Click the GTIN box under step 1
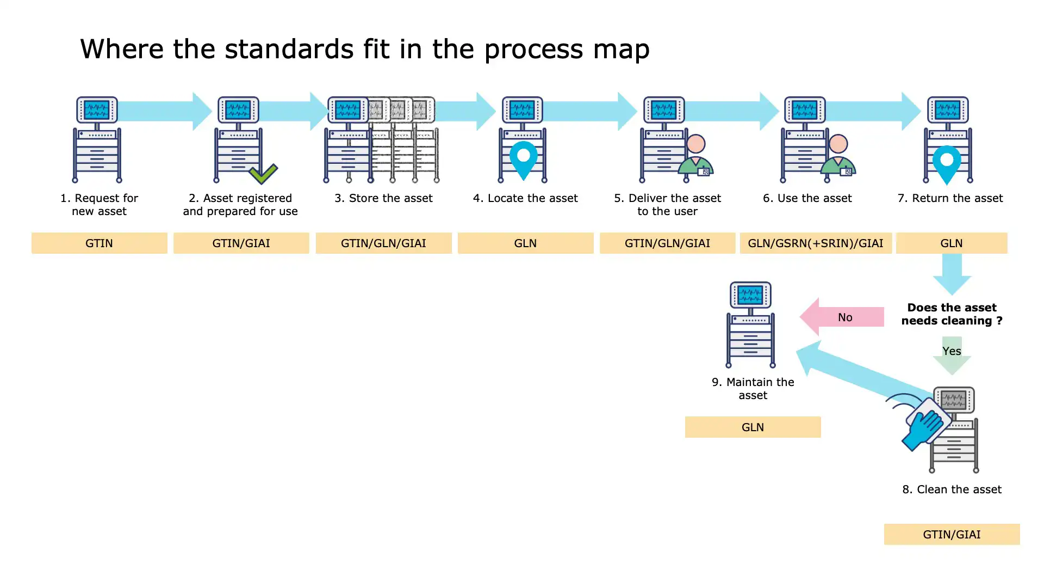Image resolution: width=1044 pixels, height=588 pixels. click(99, 243)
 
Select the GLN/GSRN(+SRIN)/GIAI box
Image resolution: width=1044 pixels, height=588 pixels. click(815, 243)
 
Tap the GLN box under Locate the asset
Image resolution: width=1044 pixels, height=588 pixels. click(525, 243)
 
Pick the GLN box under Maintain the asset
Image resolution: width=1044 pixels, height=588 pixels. click(753, 427)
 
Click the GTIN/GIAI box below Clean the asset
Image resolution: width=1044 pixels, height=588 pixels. click(952, 534)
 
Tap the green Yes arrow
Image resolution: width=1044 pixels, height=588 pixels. click(952, 354)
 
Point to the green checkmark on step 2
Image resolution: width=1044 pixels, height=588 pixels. click(263, 174)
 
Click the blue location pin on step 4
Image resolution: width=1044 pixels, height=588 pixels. click(524, 158)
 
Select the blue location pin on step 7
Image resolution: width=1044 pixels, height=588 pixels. click(947, 163)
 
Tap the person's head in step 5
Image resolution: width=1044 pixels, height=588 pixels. click(696, 144)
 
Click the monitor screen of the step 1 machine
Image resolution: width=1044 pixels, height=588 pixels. click(97, 110)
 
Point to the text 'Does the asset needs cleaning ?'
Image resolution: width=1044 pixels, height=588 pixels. click(952, 314)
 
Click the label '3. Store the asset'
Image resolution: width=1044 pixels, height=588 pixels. click(383, 198)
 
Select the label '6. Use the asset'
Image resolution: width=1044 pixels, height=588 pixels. click(807, 198)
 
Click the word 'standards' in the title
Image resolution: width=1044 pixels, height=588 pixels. click(282, 49)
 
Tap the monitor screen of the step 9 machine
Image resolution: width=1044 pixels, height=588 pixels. click(750, 295)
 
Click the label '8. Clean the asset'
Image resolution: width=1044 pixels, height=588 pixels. click(952, 489)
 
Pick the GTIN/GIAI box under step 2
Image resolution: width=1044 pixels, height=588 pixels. click(241, 243)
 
